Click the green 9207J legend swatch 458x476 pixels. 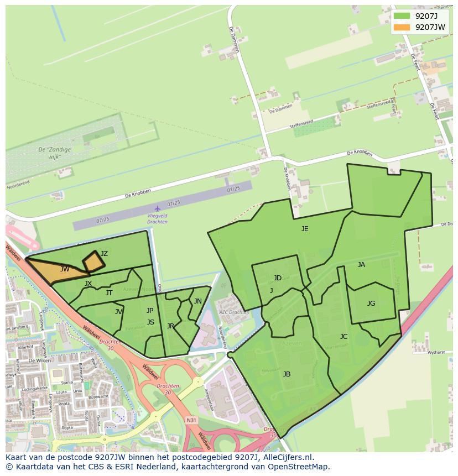coord(402,16)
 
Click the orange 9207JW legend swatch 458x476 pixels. coord(402,27)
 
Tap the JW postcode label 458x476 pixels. coord(65,269)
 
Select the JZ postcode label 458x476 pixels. coord(104,254)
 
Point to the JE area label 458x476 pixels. coord(305,228)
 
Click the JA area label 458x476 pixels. coord(361,265)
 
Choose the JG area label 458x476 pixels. coord(371,303)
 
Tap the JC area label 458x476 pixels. coord(343,336)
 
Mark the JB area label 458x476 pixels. coord(287,374)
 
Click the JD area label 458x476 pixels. coord(277,278)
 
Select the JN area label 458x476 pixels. coord(198,301)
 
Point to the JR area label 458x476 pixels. coord(170,326)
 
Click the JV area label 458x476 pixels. coord(118,312)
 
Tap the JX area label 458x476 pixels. coord(88,284)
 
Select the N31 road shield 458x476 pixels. coord(191,420)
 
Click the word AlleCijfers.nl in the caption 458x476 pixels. coord(287,457)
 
